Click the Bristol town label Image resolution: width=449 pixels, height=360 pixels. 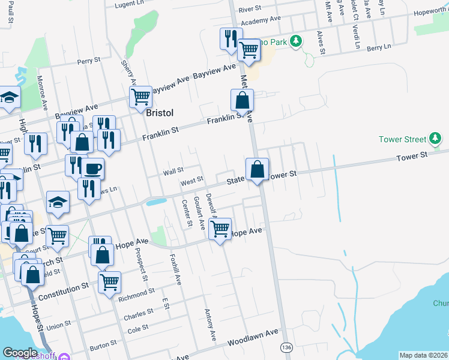(159, 113)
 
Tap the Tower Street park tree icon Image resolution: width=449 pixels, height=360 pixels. (436, 139)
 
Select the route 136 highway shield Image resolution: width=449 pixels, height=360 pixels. (287, 347)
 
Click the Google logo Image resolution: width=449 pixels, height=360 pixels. (20, 353)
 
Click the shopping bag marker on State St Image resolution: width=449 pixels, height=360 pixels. (257, 170)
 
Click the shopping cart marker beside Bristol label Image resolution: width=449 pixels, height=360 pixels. (141, 96)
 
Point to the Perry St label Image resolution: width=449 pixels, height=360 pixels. (88, 61)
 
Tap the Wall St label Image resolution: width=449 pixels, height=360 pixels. (173, 172)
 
